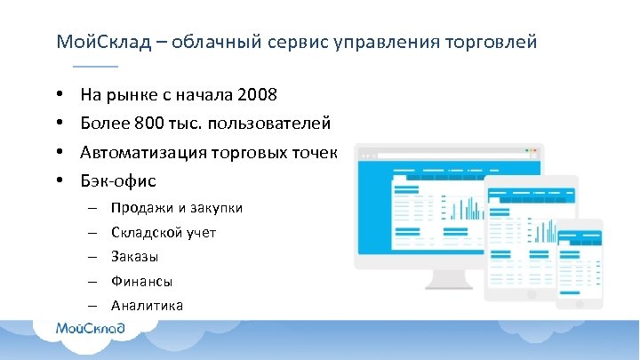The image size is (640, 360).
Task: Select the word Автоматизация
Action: click(143, 152)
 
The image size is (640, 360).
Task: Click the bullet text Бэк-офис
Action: click(117, 181)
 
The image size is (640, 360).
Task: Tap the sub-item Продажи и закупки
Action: click(176, 208)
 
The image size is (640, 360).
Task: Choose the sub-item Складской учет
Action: click(164, 233)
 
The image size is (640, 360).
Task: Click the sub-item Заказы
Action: click(134, 257)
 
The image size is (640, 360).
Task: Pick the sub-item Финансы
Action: click(141, 281)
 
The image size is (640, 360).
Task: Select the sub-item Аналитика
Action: click(147, 305)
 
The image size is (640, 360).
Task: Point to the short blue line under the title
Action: click(94, 67)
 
